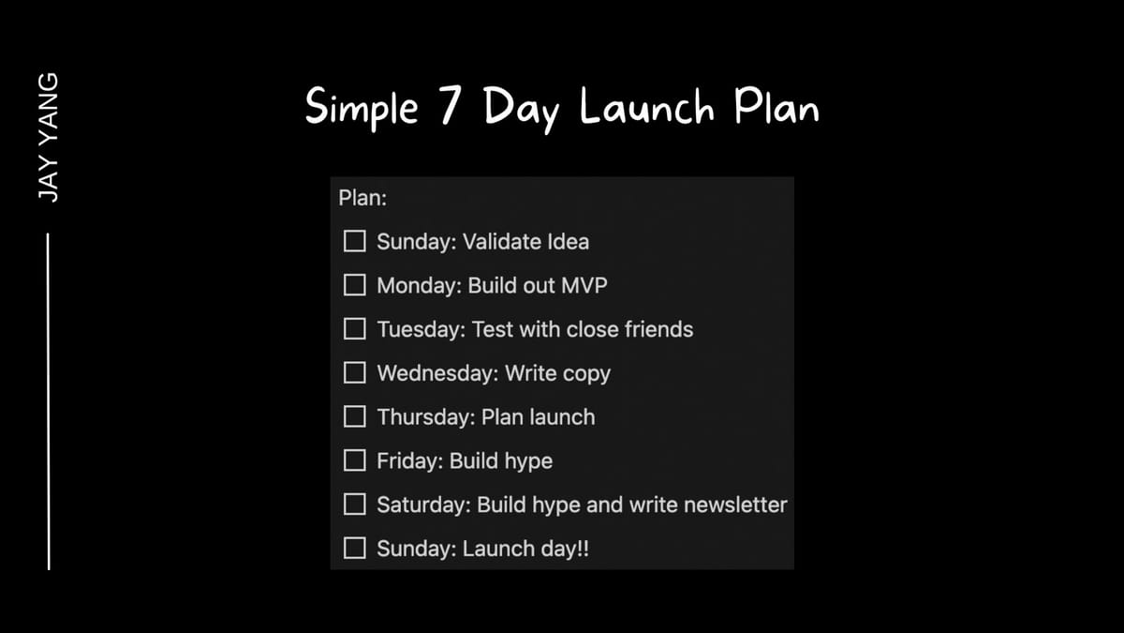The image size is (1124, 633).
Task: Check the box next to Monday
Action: pyautogui.click(x=354, y=285)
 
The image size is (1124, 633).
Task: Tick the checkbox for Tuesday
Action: pyautogui.click(x=354, y=329)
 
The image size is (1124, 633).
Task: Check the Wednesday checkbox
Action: pyautogui.click(x=354, y=373)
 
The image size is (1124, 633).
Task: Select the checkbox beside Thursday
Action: pyautogui.click(x=354, y=416)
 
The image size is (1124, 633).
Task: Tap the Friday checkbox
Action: pyautogui.click(x=354, y=460)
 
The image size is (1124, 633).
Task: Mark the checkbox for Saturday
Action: pyautogui.click(x=354, y=504)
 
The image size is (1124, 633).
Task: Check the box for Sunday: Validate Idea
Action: pyautogui.click(x=354, y=241)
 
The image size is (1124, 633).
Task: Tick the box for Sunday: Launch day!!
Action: pyautogui.click(x=354, y=548)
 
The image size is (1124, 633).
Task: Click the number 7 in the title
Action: pyautogui.click(x=451, y=104)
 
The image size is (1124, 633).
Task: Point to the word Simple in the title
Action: pyautogui.click(x=362, y=108)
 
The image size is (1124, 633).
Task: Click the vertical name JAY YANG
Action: pyautogui.click(x=48, y=138)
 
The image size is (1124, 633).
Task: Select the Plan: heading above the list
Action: pyautogui.click(x=362, y=198)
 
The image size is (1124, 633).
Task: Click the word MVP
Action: pyautogui.click(x=584, y=285)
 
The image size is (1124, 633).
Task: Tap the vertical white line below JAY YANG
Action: pyautogui.click(x=48, y=401)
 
